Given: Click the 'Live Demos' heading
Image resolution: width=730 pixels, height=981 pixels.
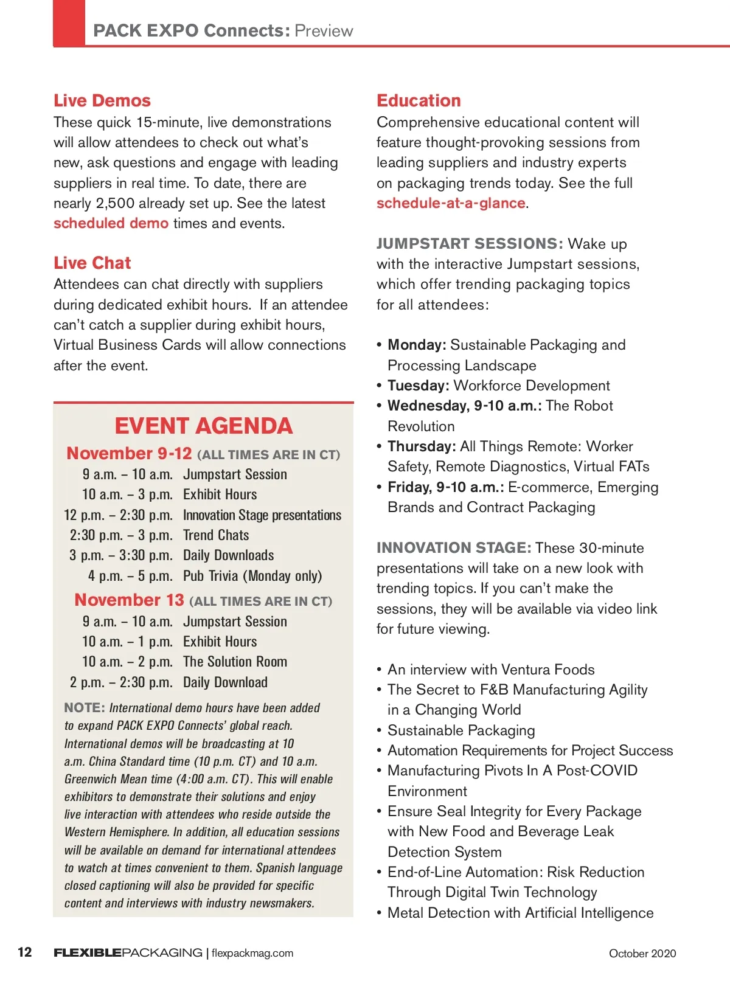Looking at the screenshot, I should click(102, 101).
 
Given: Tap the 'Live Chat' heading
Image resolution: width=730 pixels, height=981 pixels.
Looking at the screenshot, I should click(92, 263).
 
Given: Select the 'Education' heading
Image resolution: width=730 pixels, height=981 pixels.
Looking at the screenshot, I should click(419, 101).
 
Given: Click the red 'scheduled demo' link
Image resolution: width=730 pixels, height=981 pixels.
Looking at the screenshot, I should click(111, 224).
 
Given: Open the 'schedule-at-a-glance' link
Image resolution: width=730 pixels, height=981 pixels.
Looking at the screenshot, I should click(451, 204).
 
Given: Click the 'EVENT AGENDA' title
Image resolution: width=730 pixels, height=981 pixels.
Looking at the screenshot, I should click(203, 426).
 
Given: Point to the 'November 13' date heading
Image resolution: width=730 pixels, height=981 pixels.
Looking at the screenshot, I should click(129, 600).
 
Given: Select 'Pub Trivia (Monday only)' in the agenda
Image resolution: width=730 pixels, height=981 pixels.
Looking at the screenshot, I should click(252, 576).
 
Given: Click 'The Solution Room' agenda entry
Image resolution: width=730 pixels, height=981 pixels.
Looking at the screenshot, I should click(235, 662).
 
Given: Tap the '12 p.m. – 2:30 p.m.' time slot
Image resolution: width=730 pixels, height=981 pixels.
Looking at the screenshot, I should click(118, 516).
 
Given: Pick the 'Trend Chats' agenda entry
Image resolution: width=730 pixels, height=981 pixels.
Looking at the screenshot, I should click(216, 536).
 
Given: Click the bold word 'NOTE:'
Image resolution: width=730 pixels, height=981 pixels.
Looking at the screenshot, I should click(85, 708).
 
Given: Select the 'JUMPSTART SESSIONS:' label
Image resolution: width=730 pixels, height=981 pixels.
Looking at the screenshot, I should click(470, 244).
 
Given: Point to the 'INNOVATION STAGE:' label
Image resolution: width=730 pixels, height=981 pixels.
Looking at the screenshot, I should click(454, 548).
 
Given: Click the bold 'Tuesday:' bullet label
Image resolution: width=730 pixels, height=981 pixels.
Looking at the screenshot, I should click(419, 386).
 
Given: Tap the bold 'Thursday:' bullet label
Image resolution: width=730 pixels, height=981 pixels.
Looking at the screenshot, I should click(422, 447).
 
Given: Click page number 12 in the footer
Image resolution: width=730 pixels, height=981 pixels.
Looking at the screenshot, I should click(25, 952).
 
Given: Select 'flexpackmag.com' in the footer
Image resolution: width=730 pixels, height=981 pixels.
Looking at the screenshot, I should click(252, 954).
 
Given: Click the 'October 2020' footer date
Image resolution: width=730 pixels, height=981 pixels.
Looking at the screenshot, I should click(642, 954).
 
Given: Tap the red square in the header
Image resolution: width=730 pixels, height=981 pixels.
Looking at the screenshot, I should click(69, 23).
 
